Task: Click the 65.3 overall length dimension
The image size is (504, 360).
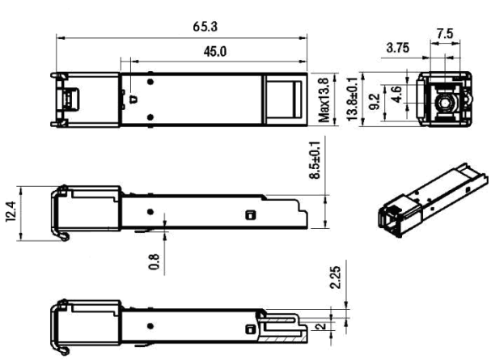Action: [205, 27]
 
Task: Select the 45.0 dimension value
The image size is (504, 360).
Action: [214, 51]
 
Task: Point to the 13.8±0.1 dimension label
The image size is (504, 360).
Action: [352, 99]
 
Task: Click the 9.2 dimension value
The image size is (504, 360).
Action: [375, 102]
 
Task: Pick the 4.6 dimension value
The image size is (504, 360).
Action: [397, 94]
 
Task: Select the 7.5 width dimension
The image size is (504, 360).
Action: [445, 33]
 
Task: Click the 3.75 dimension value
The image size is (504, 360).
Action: [398, 48]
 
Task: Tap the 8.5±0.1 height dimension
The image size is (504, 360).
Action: [315, 160]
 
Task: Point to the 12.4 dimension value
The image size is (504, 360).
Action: [11, 211]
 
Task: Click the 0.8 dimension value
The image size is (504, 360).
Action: [154, 262]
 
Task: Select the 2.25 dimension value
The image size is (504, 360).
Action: [336, 277]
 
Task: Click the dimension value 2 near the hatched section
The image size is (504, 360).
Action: [321, 327]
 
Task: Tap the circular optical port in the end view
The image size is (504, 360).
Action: [445, 103]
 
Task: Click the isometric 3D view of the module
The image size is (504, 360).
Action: [433, 200]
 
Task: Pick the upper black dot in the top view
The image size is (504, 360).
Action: [150, 82]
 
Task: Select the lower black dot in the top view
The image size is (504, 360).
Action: [150, 117]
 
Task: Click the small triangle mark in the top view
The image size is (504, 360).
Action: [133, 99]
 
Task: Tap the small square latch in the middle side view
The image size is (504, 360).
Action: [251, 215]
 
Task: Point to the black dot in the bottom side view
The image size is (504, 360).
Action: [150, 326]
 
